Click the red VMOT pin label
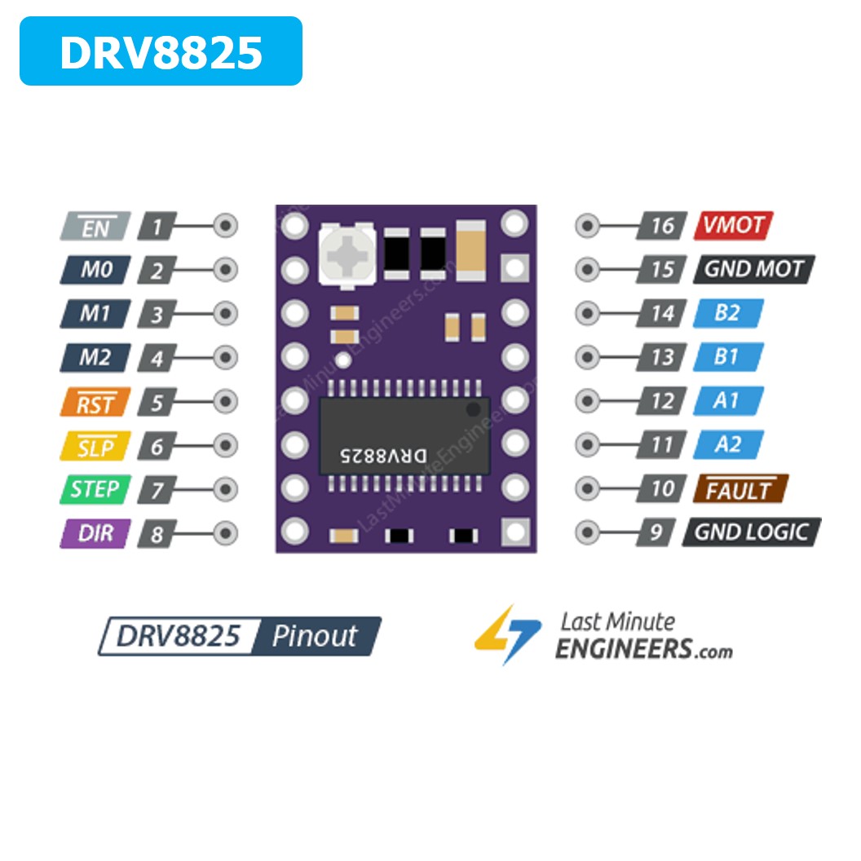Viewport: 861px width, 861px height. point(733,225)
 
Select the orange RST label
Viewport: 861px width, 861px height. point(95,402)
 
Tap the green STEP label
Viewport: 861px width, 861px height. point(95,489)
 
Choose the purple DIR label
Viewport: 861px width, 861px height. point(95,534)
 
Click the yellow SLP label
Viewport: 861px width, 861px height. point(95,446)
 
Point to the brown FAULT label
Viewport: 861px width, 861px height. point(740,489)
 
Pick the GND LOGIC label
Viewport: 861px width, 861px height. point(751,532)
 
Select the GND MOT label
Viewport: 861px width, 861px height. point(753,269)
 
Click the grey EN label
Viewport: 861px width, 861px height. point(95,226)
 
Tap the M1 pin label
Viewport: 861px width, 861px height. point(95,313)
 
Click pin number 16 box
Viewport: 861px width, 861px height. point(662,225)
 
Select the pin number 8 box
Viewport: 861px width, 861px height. point(157,535)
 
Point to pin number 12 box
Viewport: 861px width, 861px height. point(662,401)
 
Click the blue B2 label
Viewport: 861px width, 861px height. point(727,313)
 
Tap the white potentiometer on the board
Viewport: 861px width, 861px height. point(347,254)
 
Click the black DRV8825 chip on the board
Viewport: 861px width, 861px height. point(404,436)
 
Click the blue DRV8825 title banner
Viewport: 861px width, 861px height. point(161,51)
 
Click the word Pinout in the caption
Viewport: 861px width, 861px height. point(315,636)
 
